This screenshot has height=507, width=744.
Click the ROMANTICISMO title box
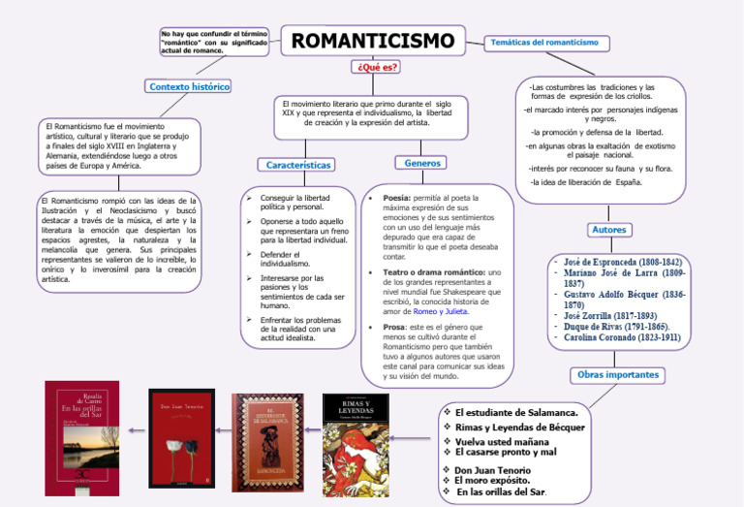(373, 41)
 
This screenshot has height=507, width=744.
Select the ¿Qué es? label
(378, 67)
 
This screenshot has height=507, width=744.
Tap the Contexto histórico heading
(189, 86)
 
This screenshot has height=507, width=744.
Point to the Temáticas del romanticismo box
(545, 43)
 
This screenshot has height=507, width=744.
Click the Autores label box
(608, 230)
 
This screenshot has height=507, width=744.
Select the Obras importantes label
(617, 374)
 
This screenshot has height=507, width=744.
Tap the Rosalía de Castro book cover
(83, 438)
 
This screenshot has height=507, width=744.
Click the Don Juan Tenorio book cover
(181, 436)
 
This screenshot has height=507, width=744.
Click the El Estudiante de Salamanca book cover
(267, 441)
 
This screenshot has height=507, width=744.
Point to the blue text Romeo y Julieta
(441, 312)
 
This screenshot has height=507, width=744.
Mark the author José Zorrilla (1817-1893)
(611, 316)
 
